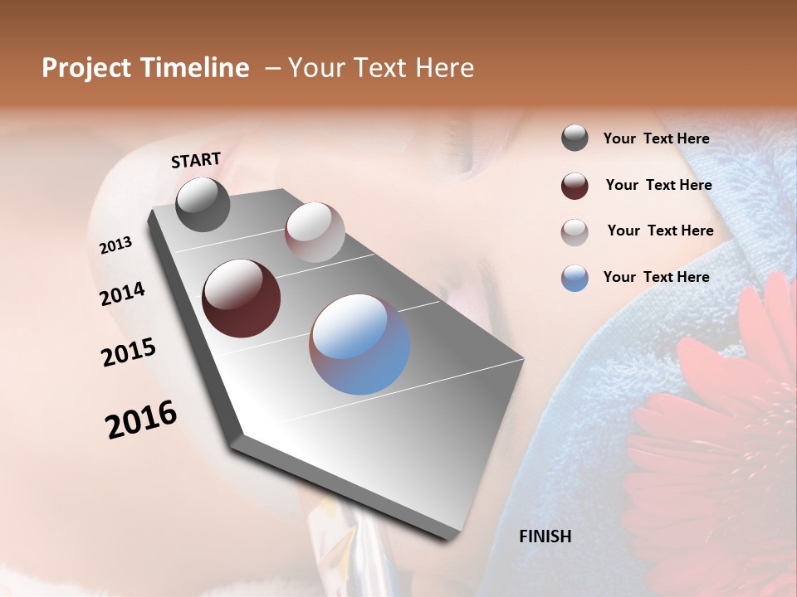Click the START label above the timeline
pyautogui.click(x=196, y=160)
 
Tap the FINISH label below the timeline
pyautogui.click(x=545, y=536)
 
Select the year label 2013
pyautogui.click(x=115, y=245)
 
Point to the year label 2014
pyautogui.click(x=122, y=294)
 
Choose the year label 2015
pyautogui.click(x=129, y=352)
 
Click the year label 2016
pyautogui.click(x=141, y=420)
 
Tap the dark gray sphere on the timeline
pyautogui.click(x=203, y=205)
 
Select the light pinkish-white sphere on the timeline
pyautogui.click(x=315, y=232)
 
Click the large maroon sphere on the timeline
pyautogui.click(x=241, y=298)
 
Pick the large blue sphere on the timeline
pyautogui.click(x=359, y=344)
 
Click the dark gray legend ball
pyautogui.click(x=575, y=138)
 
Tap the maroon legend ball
pyautogui.click(x=575, y=186)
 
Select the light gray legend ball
pyautogui.click(x=575, y=232)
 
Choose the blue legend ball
pyautogui.click(x=575, y=278)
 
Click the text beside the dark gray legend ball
pyautogui.click(x=656, y=138)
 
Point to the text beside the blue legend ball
pyautogui.click(x=656, y=277)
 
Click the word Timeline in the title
pyautogui.click(x=197, y=68)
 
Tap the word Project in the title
pyautogui.click(x=86, y=68)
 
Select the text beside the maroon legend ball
pyautogui.click(x=658, y=185)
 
